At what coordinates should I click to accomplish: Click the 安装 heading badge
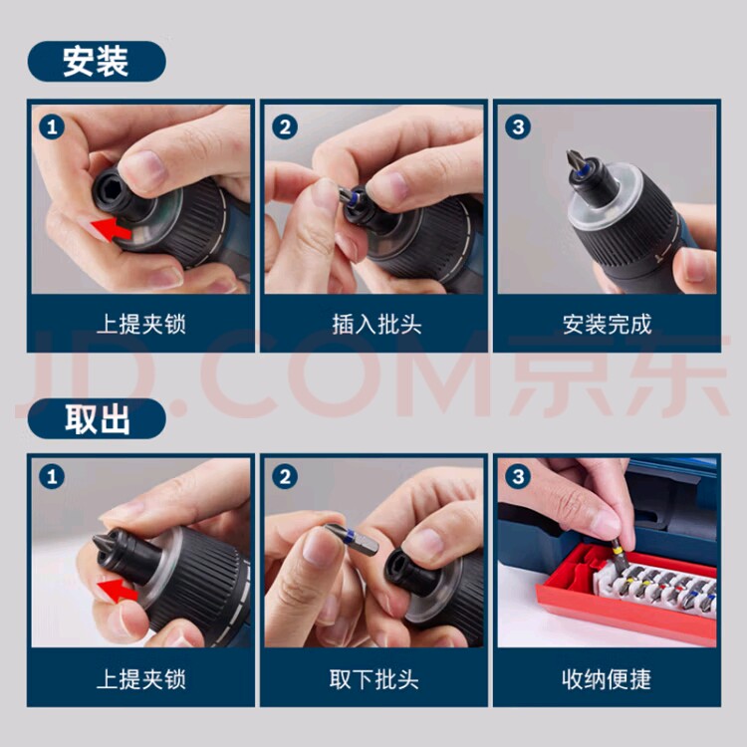pos(97,62)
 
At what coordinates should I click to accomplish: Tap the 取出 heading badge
pos(97,418)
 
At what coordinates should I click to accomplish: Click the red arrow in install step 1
pos(112,229)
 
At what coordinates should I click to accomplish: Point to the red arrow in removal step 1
pos(117,589)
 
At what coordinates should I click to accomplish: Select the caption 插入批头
pos(376,325)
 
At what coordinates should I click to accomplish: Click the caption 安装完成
pos(607,325)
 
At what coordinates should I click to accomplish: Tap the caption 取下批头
pos(373,679)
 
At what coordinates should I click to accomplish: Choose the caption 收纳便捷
pos(607,679)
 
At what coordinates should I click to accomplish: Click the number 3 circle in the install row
pos(518,127)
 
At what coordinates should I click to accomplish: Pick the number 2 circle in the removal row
pos(285,477)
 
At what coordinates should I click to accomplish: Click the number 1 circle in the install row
pos(52,127)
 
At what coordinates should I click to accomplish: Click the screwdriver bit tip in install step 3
pos(576,162)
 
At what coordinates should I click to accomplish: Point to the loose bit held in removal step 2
pos(352,539)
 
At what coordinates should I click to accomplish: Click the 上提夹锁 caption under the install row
pos(141,325)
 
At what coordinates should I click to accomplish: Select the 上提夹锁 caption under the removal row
pos(141,679)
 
